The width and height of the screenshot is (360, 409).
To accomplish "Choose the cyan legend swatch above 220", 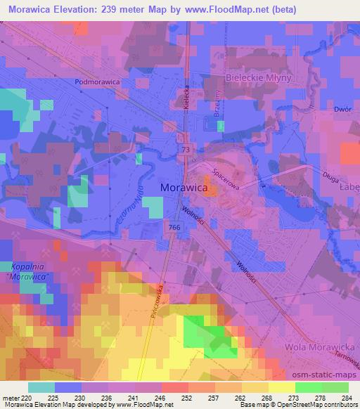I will (41, 387).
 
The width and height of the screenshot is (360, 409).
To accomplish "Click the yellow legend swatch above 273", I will (281, 387).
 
